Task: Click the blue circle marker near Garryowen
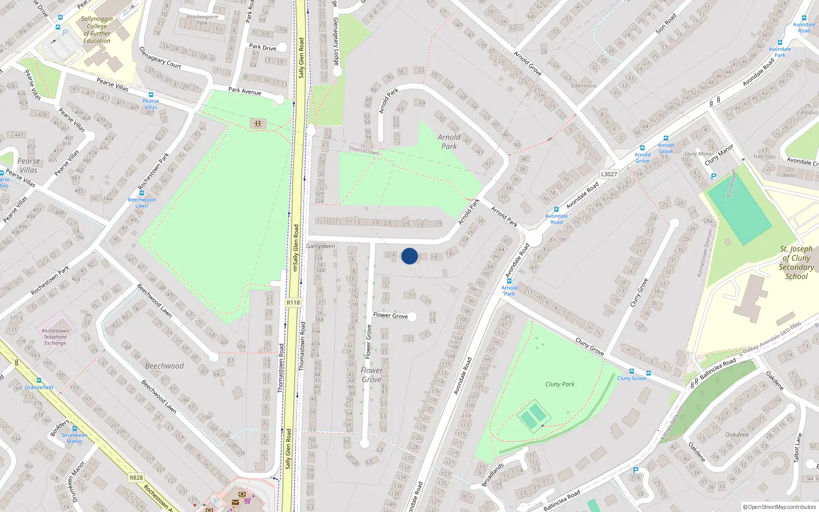click(x=409, y=256)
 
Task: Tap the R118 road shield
click(x=293, y=303)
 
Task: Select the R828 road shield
click(x=136, y=478)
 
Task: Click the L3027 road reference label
click(x=609, y=174)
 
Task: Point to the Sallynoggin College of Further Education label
click(x=97, y=30)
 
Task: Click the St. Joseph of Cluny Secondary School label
click(x=796, y=262)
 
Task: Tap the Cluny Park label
click(x=559, y=384)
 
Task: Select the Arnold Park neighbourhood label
click(x=449, y=141)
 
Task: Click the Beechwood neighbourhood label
click(x=164, y=366)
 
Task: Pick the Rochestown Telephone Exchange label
click(x=55, y=337)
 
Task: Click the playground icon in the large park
click(x=257, y=124)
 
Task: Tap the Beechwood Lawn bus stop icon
click(x=142, y=194)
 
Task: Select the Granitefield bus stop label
click(x=39, y=387)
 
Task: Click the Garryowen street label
click(x=320, y=246)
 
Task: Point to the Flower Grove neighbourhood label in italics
click(x=371, y=375)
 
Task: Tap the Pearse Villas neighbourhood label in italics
click(x=29, y=165)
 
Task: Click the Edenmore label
click(x=584, y=86)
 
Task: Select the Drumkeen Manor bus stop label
click(x=74, y=438)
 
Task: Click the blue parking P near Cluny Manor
click(x=713, y=177)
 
